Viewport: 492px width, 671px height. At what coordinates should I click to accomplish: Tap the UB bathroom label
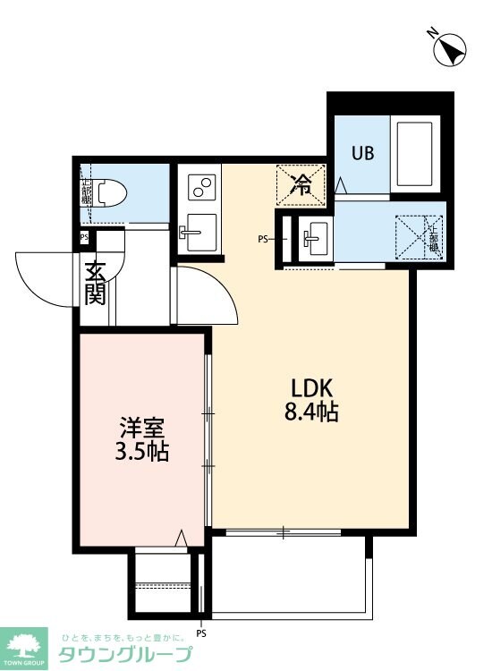361,152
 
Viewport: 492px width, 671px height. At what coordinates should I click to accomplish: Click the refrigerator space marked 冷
301,185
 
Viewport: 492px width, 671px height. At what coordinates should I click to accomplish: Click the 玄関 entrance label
95,282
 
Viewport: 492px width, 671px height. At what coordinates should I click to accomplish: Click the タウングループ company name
124,654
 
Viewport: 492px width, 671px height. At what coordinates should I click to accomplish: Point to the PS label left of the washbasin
263,239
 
